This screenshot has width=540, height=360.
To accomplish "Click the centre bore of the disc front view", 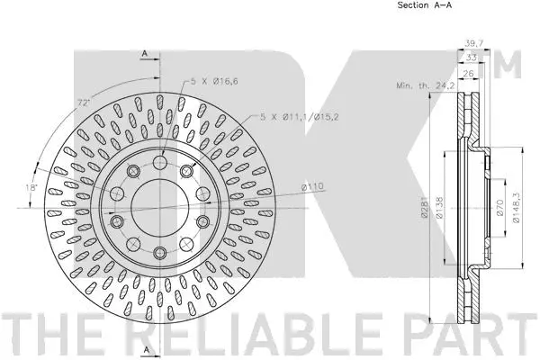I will (155, 208).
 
